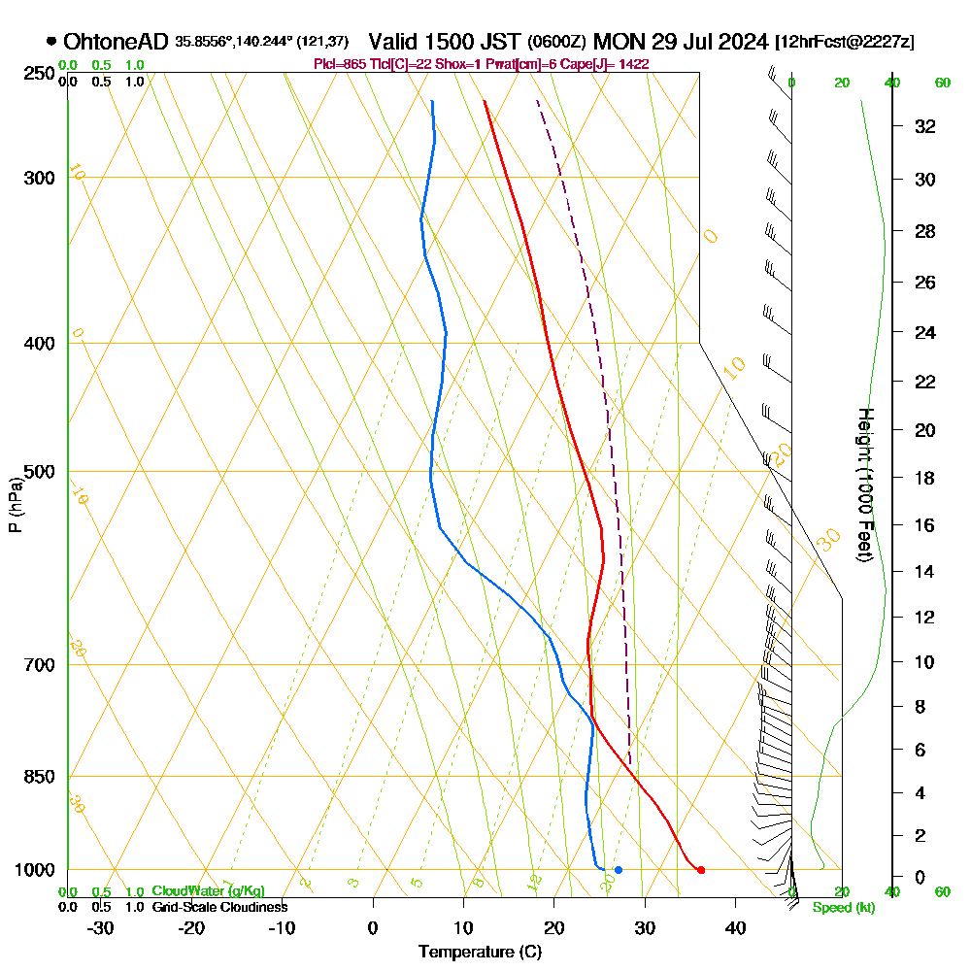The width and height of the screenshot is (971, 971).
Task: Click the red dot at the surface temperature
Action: pos(701,870)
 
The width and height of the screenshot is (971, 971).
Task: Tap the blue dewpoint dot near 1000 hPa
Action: pos(619,870)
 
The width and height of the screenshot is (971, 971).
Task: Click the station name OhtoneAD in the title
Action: pos(116,42)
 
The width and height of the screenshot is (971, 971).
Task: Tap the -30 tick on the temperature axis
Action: pos(101,927)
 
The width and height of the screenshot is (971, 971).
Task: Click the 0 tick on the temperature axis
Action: pos(373,927)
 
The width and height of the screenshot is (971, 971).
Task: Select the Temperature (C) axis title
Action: pos(480,953)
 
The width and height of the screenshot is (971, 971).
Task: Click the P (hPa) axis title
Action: pos(15,504)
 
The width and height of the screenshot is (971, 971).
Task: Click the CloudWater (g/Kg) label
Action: pos(208,891)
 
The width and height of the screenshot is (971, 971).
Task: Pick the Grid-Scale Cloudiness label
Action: pos(219,907)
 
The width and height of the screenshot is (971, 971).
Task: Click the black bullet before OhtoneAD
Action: pos(50,42)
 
